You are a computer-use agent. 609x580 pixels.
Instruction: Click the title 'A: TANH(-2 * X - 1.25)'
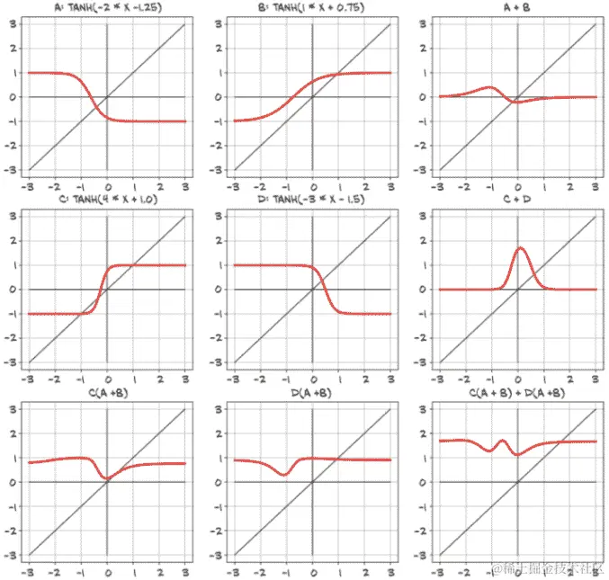(106, 8)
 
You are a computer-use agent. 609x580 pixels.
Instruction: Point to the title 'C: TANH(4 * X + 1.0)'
(106, 200)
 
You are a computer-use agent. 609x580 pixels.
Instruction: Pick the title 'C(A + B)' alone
(106, 393)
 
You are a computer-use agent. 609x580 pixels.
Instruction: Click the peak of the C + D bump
(520, 248)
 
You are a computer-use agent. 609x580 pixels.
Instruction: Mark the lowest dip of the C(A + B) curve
(108, 478)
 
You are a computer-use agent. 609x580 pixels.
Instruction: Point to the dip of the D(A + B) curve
(285, 474)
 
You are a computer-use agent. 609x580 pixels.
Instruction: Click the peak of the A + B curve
(489, 87)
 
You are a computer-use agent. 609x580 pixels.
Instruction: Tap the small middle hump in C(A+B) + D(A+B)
(502, 441)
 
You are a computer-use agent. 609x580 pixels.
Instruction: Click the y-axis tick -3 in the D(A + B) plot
(217, 555)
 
